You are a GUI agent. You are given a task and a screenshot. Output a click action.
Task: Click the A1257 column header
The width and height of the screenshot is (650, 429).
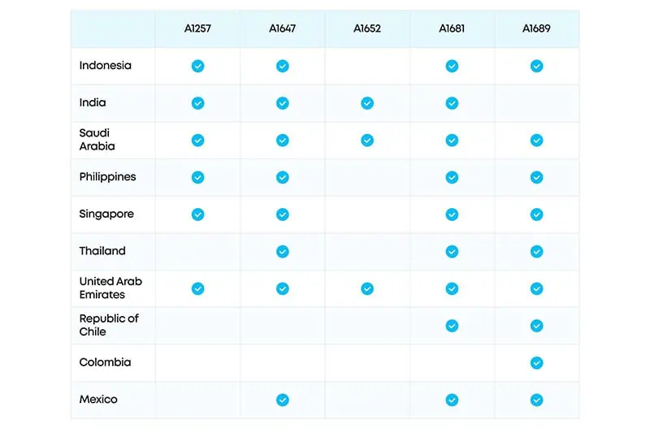197,28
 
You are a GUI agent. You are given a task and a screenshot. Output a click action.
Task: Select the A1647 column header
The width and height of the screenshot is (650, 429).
282,28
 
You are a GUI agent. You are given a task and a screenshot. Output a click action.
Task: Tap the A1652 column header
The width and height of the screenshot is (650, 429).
367,28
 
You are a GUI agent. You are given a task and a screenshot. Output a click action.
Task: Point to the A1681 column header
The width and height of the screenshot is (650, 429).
452,28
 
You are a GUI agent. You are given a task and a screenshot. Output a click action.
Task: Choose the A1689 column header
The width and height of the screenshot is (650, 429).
536,28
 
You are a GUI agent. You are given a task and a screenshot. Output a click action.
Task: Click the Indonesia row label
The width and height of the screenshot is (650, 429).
106,66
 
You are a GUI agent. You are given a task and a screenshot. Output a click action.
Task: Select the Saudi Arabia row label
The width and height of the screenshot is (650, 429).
97,140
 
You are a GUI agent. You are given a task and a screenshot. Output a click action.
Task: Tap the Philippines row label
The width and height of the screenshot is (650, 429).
107,177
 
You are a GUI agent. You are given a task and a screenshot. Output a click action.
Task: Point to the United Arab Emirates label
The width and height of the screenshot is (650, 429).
110,288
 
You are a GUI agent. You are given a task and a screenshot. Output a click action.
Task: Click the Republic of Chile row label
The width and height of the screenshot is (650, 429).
109,325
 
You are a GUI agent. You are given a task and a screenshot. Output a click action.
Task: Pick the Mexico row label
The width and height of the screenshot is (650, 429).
98,400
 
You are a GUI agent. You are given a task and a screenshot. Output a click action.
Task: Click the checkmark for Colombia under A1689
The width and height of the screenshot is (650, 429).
536,362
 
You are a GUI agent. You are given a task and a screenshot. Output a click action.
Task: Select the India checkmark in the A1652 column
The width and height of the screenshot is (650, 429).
367,103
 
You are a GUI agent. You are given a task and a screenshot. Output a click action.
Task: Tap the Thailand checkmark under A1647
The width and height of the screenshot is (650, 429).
282,251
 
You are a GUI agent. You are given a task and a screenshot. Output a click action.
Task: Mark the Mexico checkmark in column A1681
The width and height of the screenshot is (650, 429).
452,400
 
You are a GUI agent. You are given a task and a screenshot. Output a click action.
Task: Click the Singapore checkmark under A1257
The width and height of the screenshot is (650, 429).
197,214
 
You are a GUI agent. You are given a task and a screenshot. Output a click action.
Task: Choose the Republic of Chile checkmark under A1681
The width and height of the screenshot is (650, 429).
452,326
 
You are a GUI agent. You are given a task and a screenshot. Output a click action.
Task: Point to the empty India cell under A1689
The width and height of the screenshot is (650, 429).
536,103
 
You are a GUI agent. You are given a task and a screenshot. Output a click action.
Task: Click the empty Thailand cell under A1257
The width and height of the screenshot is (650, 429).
197,252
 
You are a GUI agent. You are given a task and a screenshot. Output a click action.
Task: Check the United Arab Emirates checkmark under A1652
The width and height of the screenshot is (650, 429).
367,288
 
